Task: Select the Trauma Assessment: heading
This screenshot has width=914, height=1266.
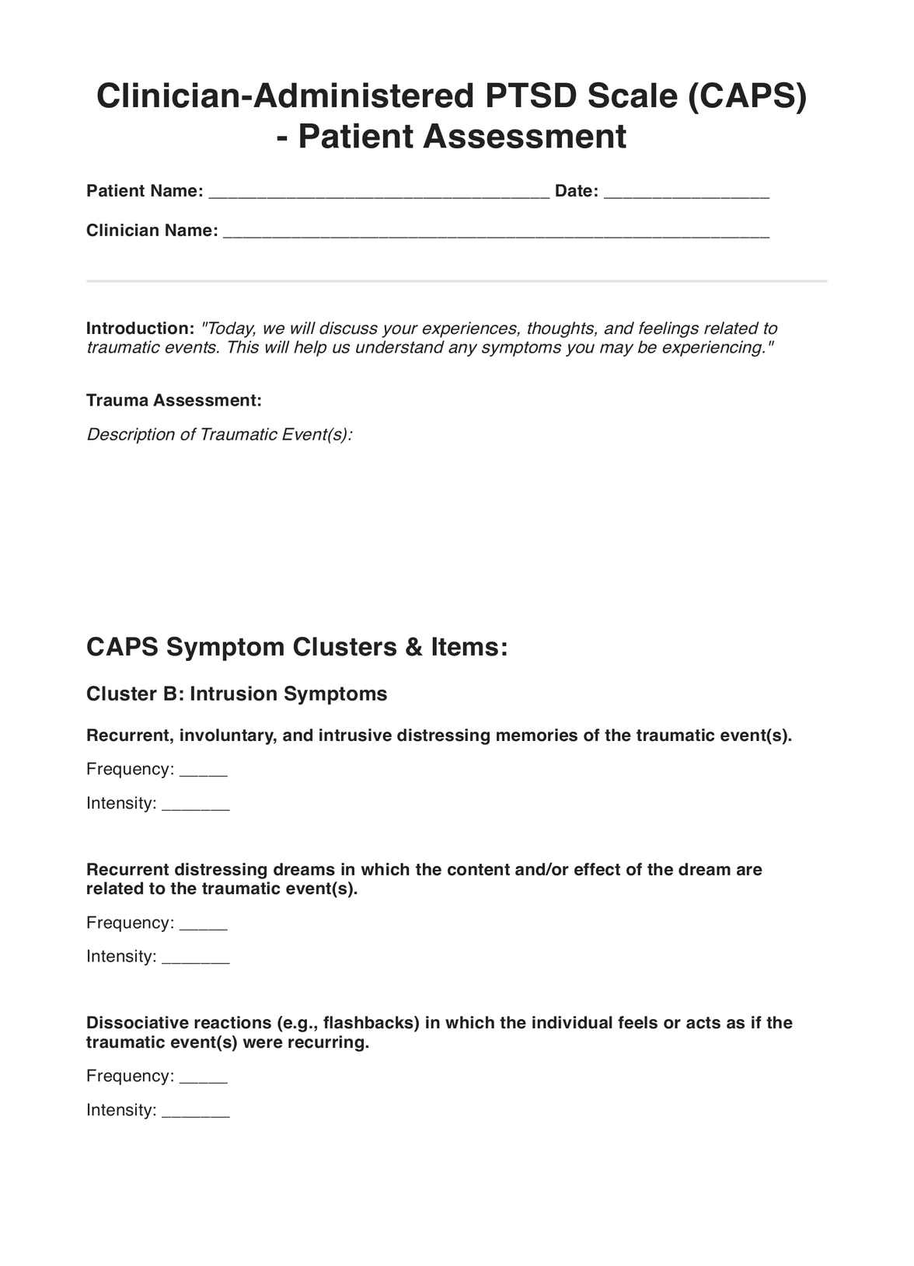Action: [174, 401]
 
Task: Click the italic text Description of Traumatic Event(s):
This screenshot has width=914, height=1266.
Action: [219, 434]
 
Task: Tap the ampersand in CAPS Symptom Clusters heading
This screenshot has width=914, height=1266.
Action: [413, 647]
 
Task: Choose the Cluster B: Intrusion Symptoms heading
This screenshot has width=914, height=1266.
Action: [236, 694]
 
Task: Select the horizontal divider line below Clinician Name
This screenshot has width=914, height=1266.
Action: [456, 280]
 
